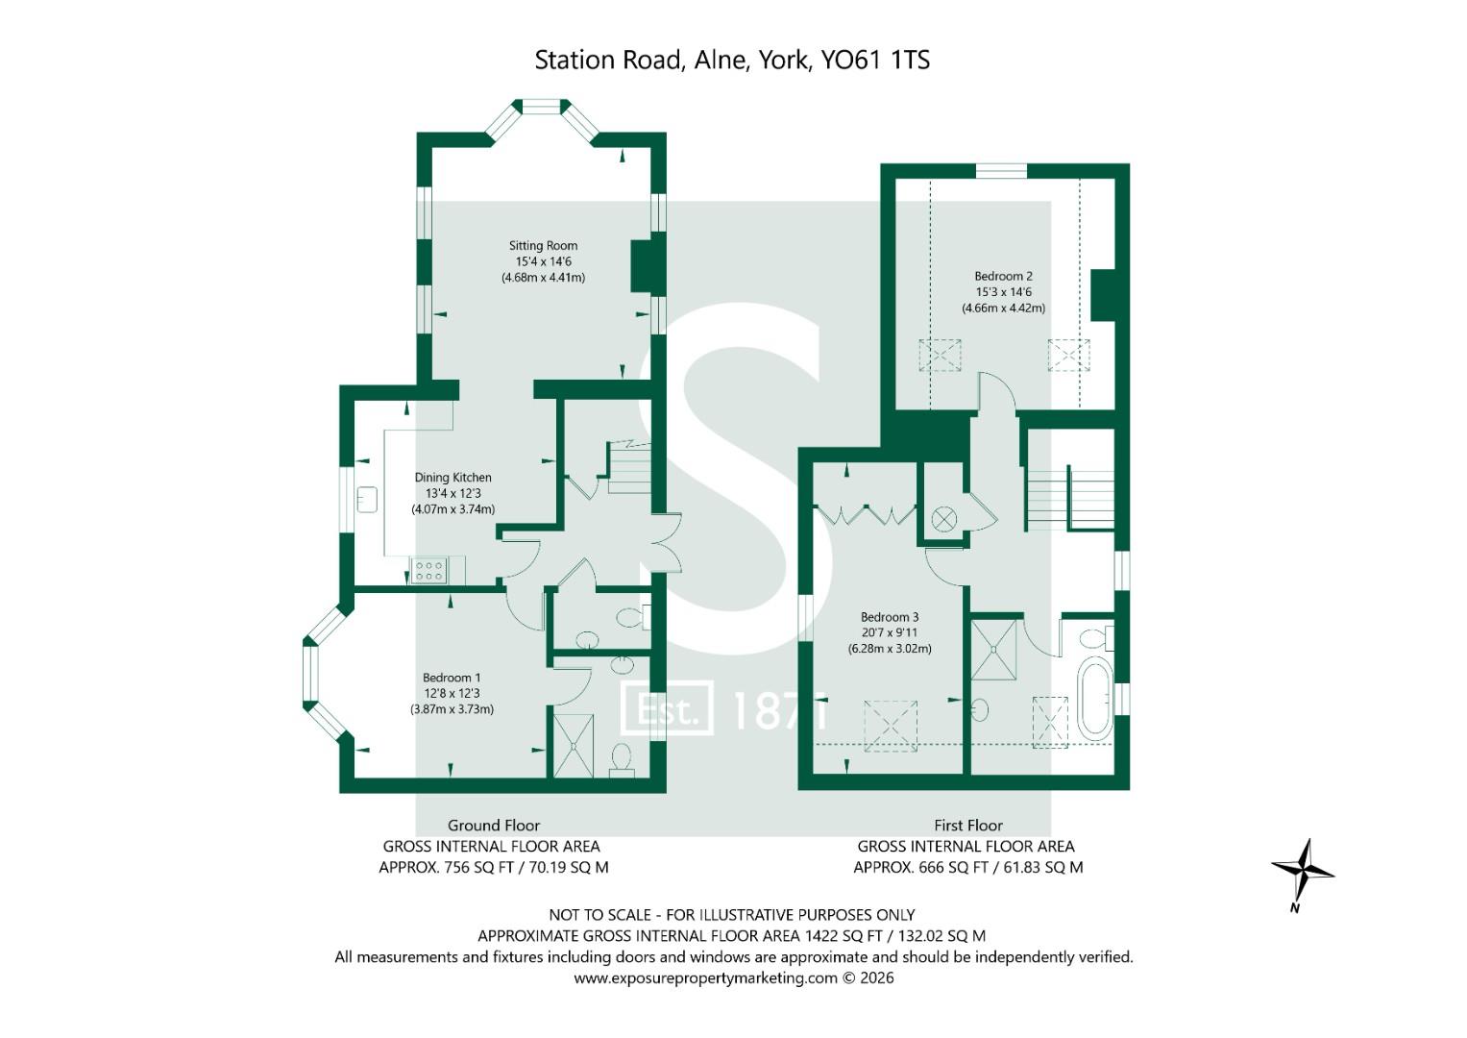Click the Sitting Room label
click(x=543, y=246)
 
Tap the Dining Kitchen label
click(x=452, y=478)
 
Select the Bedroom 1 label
click(x=452, y=678)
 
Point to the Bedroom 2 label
click(x=1003, y=277)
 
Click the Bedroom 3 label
click(x=890, y=617)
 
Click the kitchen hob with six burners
click(x=429, y=570)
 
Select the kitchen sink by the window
click(x=367, y=500)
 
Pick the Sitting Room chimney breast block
click(x=644, y=267)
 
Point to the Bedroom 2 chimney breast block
click(x=1103, y=295)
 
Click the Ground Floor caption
click(x=493, y=825)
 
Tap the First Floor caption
click(x=968, y=825)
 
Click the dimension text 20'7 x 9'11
click(x=890, y=633)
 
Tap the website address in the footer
click(x=705, y=978)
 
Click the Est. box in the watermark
click(x=667, y=708)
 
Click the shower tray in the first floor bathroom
click(x=993, y=650)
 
